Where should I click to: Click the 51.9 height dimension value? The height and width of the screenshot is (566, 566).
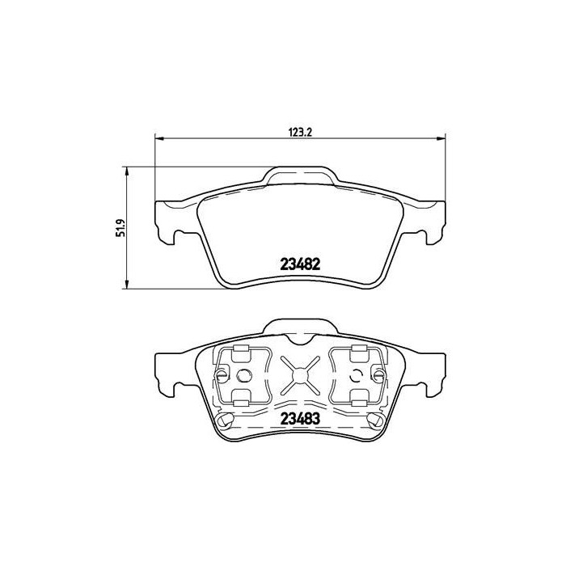tap(120, 227)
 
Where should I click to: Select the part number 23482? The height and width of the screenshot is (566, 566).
tap(301, 264)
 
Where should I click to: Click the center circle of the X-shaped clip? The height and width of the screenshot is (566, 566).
tap(300, 374)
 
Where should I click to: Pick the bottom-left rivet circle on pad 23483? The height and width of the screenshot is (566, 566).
tap(229, 420)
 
